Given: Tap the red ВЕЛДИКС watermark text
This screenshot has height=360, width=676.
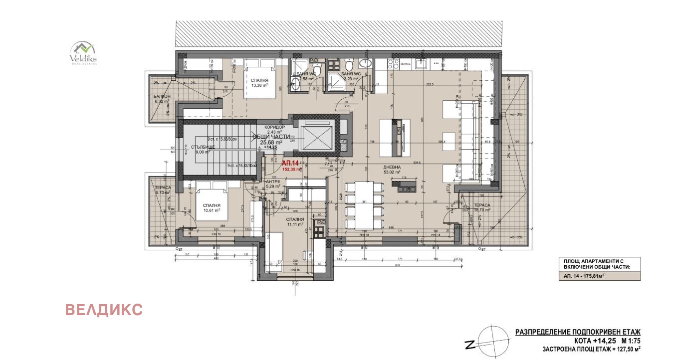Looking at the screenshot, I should tap(104, 310).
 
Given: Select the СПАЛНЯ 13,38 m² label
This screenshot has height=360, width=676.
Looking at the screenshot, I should tap(259, 82).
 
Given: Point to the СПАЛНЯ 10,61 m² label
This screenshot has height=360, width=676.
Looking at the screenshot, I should tap(211, 207).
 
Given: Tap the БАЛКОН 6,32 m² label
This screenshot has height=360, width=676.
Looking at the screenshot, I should tap(161, 99).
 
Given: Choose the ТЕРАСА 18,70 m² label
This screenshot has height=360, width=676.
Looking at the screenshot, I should tap(481, 207).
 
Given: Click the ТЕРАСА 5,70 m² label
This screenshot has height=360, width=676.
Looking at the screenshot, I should tap(163, 190).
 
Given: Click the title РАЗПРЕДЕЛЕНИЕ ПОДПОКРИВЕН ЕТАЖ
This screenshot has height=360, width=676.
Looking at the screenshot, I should tap(577, 332).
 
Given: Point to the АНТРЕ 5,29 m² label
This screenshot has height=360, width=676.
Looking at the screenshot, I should tap(274, 184).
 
